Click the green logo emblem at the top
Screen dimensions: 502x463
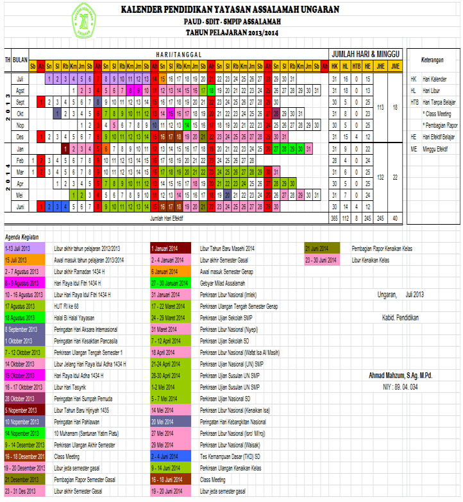pos(88,21)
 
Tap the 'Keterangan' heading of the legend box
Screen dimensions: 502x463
pos(432,60)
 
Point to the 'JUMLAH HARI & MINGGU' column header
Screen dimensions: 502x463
pos(364,53)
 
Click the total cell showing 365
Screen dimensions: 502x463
pos(334,218)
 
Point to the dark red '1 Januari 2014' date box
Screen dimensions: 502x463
pos(169,248)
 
